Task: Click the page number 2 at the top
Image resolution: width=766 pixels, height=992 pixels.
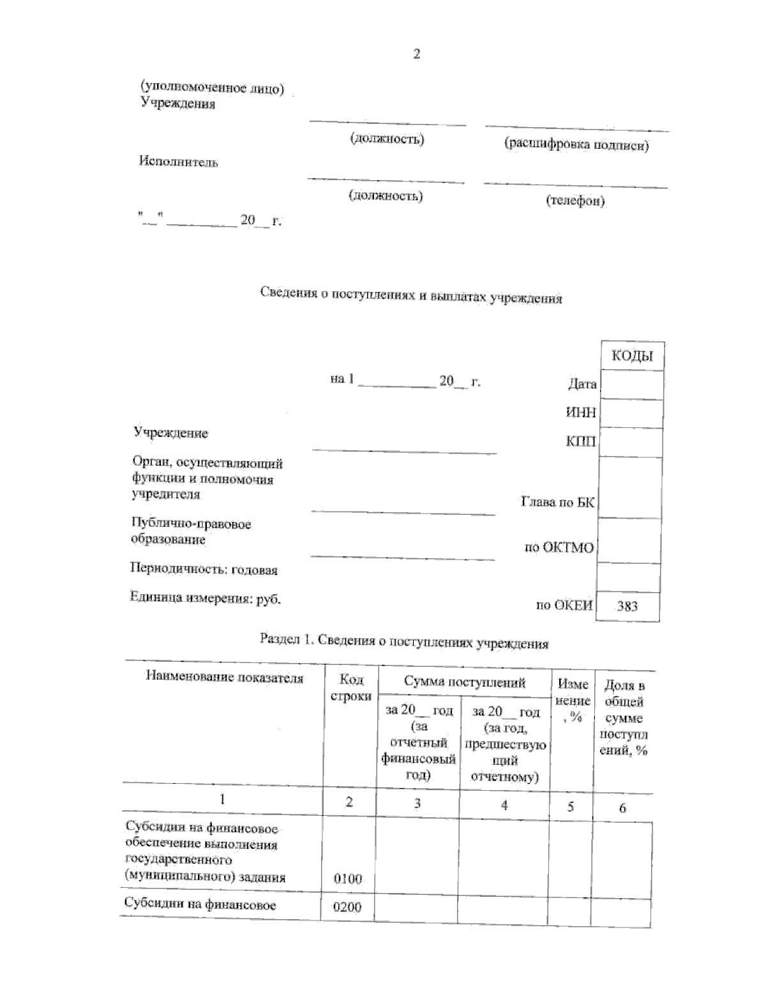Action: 416,54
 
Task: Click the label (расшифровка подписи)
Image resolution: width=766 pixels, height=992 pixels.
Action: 576,144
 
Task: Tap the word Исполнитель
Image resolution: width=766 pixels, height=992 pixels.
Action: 179,162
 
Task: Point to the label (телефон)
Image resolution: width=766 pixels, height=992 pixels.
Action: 575,201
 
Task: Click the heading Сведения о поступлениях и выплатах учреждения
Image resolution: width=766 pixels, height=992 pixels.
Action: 411,295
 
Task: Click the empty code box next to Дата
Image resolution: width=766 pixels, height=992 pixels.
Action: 631,385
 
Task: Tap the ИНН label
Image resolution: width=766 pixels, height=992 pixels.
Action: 581,413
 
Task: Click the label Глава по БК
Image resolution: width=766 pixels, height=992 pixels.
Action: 558,502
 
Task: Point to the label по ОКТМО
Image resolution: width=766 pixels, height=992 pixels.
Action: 559,547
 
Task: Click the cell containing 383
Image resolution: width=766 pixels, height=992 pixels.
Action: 627,606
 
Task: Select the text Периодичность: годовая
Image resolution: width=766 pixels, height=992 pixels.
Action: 204,569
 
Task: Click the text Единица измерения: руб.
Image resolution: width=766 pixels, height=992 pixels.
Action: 205,599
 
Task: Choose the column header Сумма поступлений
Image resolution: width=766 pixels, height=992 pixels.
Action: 465,682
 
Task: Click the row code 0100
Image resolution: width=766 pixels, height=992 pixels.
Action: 348,879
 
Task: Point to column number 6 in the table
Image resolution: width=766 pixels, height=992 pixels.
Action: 622,808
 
